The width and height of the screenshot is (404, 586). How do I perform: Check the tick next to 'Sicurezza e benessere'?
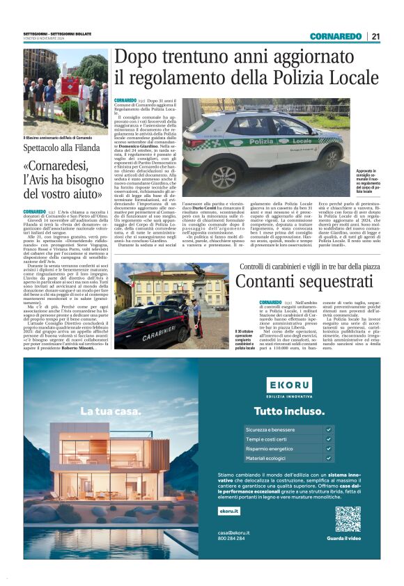click(328, 429)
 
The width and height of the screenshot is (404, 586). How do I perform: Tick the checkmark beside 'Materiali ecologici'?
click(328, 459)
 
